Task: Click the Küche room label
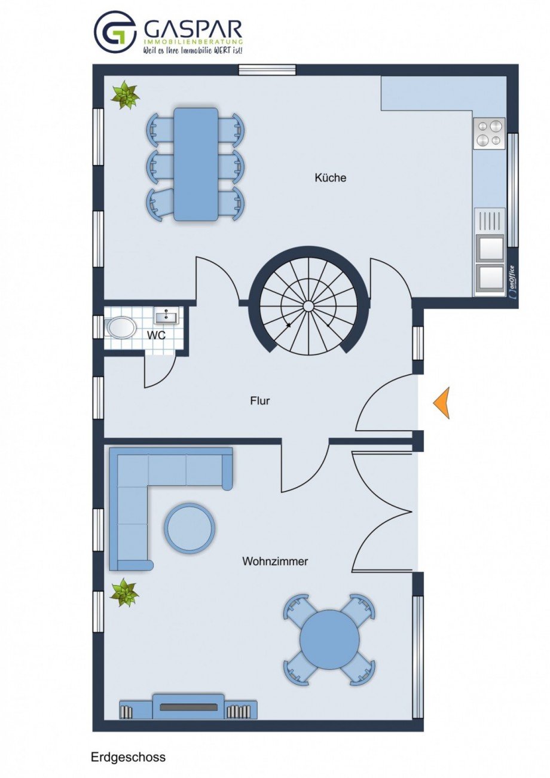(x=330, y=178)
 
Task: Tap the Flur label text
(x=260, y=401)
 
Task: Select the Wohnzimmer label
(x=275, y=561)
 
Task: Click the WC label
(x=156, y=335)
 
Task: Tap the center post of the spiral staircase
(x=308, y=306)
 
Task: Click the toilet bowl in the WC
(x=121, y=327)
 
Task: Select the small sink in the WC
(x=166, y=316)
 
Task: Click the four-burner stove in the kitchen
(x=489, y=133)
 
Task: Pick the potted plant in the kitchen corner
(x=125, y=94)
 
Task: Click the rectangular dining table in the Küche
(x=196, y=164)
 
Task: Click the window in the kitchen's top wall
(x=267, y=70)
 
